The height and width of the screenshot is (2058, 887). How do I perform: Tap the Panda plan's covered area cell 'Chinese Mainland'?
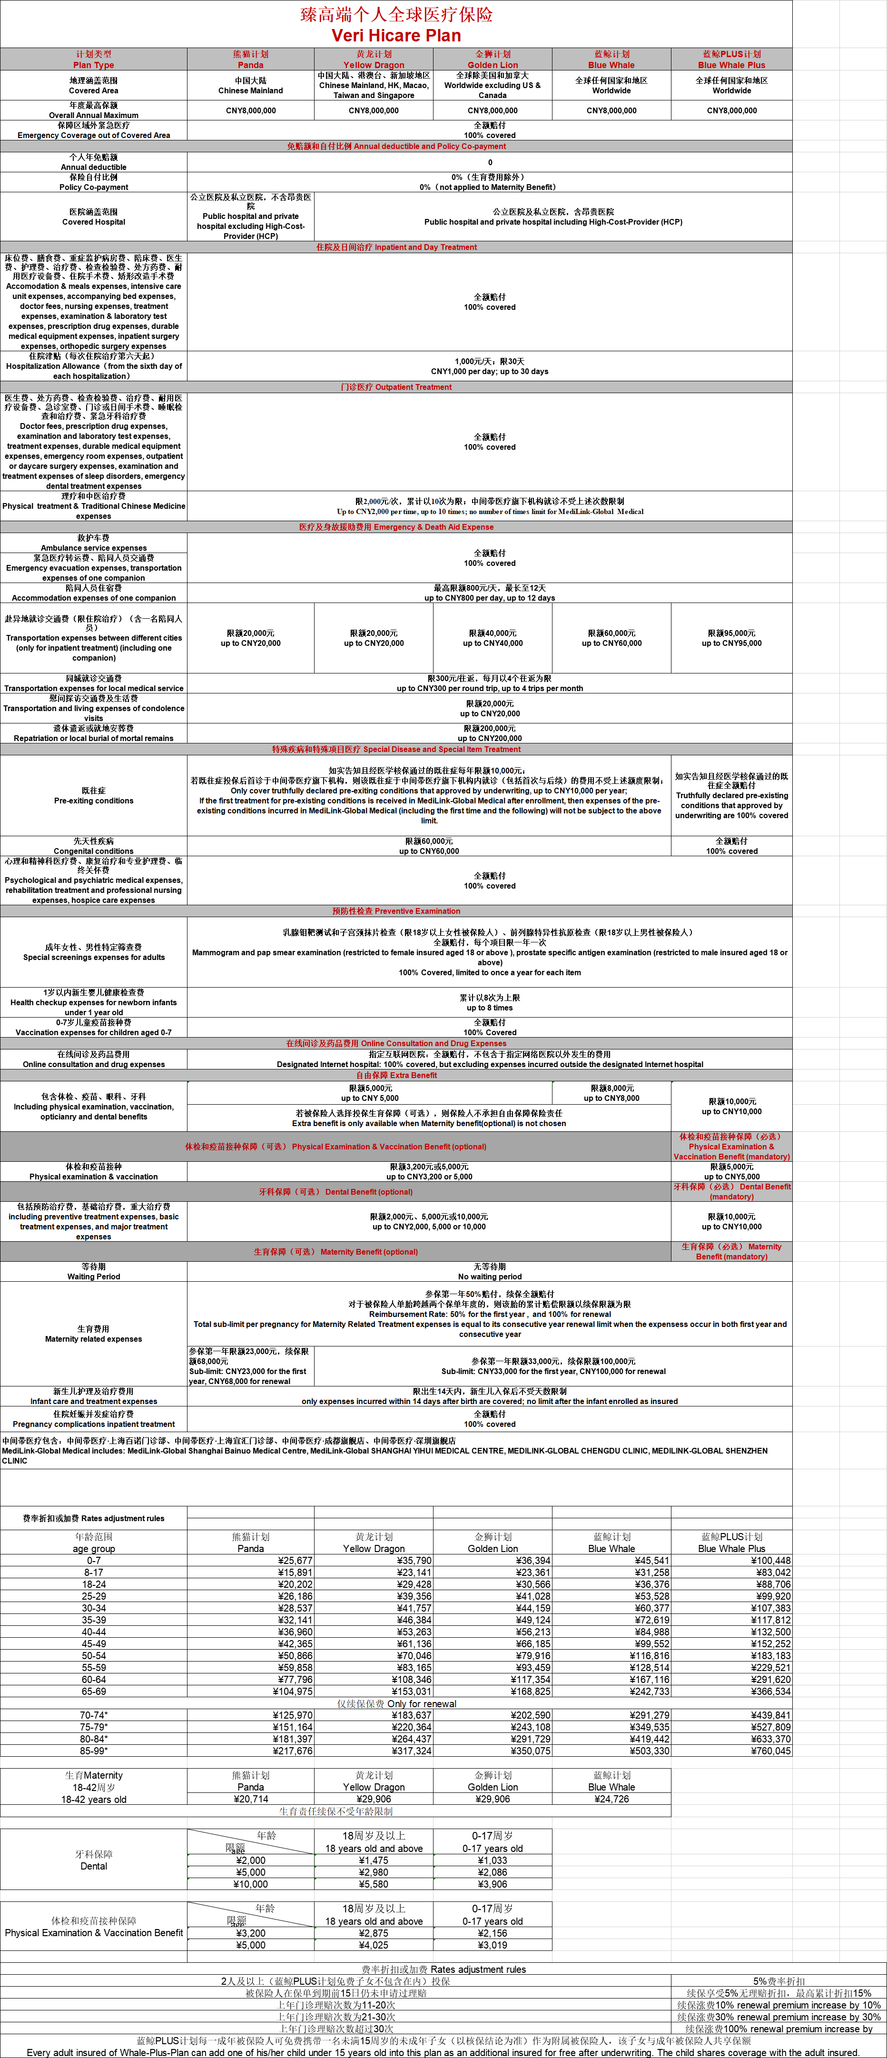[250, 90]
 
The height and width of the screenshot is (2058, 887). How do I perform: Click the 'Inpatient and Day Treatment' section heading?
[396, 247]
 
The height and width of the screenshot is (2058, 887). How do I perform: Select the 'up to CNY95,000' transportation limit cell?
[731, 643]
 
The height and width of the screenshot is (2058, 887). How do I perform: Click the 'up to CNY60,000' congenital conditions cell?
[429, 851]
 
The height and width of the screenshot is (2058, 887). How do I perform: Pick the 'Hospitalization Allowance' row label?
[93, 366]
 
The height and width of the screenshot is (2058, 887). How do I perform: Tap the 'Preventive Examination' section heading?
[396, 911]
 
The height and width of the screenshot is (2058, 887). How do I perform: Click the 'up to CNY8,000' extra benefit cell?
[611, 1098]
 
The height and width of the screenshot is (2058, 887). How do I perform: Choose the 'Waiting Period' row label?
[93, 1276]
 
